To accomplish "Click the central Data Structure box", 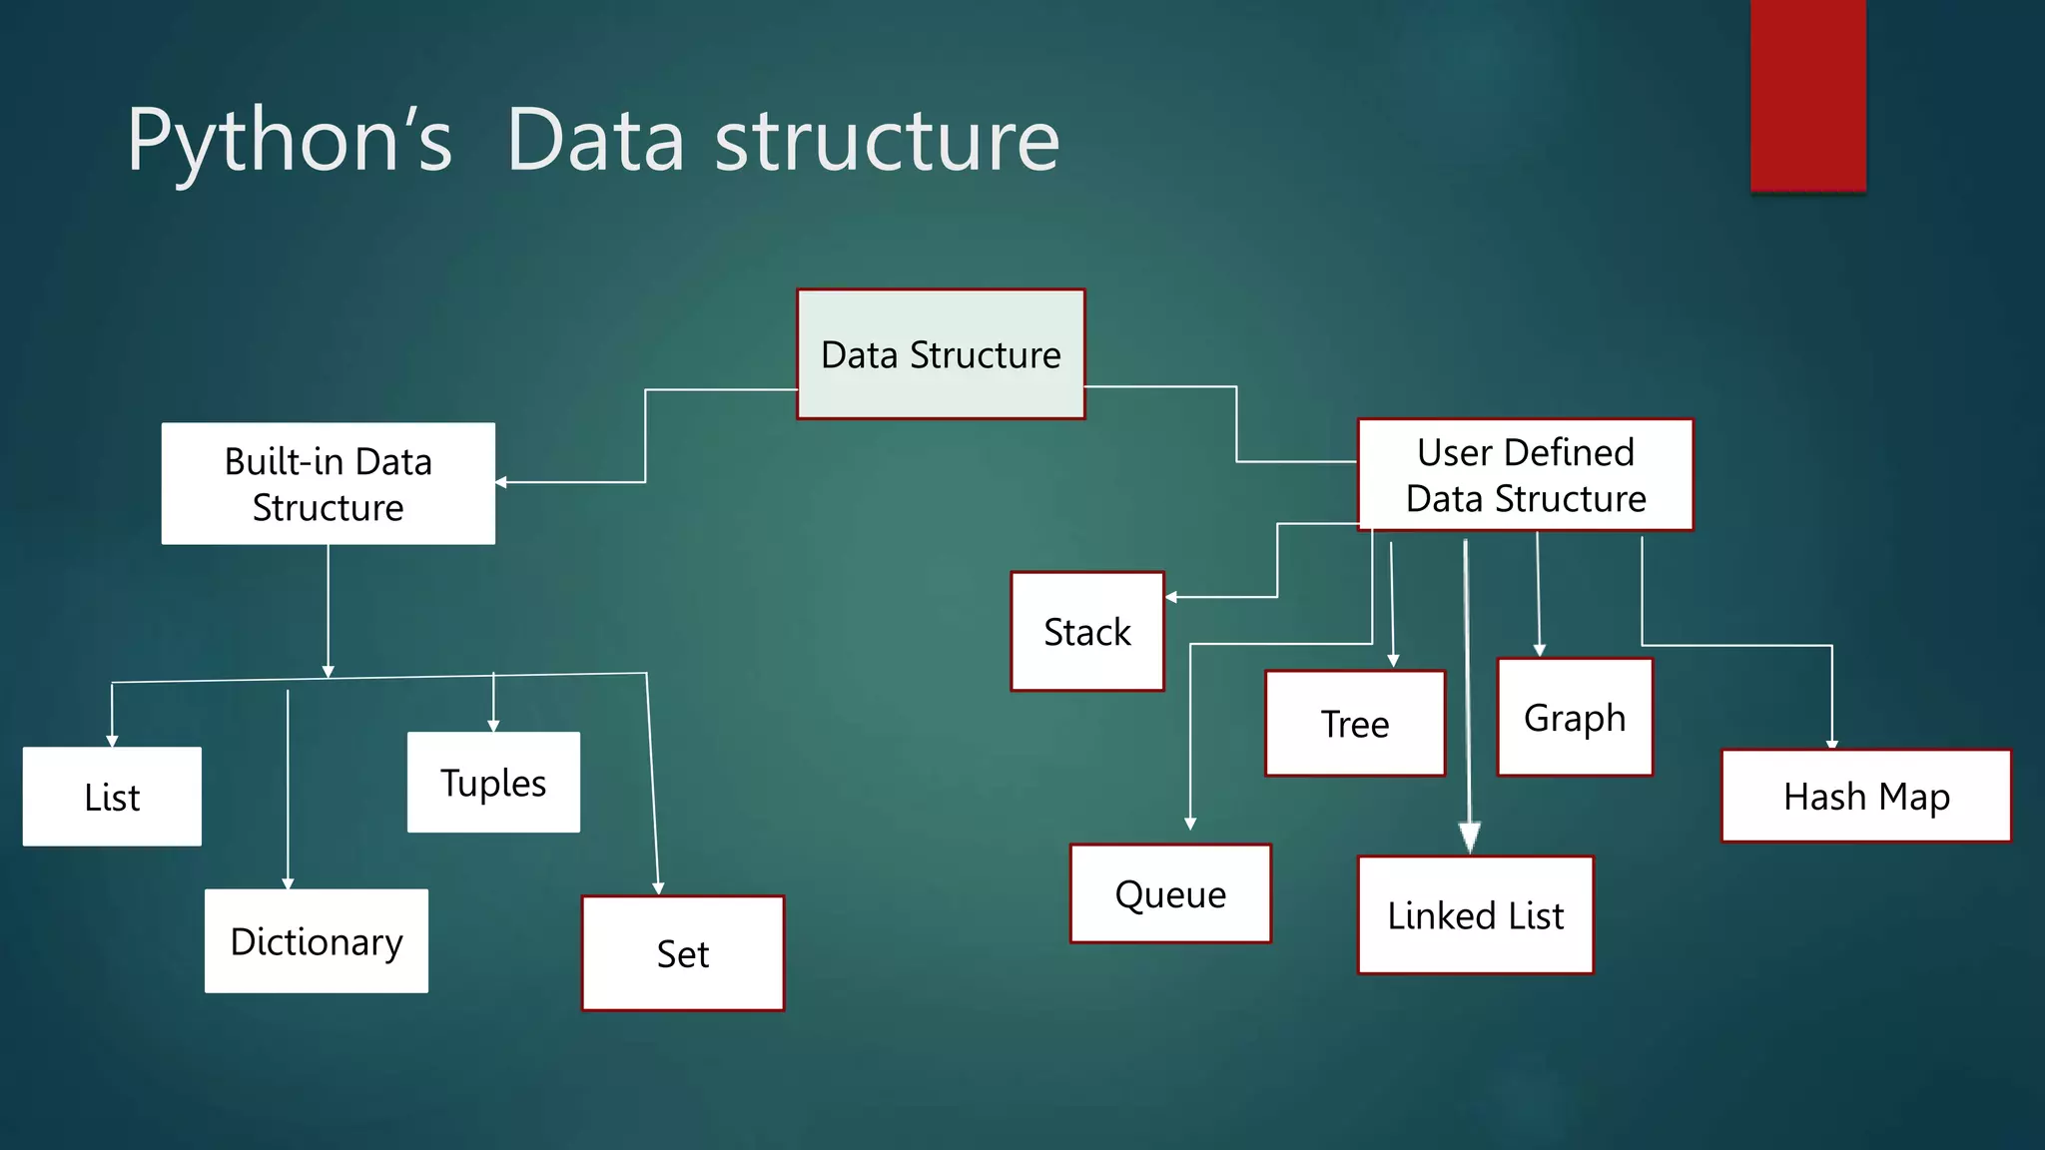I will point(941,354).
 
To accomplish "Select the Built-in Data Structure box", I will point(328,484).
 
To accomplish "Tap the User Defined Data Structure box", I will point(1525,475).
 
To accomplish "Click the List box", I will point(112,797).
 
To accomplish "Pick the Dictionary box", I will point(317,941).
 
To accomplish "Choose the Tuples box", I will point(493,783).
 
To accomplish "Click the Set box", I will point(683,953).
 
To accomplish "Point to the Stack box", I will point(1087,631).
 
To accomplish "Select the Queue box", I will point(1170,893).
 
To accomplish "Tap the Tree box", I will point(1355,724).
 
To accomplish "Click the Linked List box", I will point(1475,914).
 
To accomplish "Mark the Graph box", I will point(1575,717).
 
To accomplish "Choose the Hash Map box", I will point(1866,797).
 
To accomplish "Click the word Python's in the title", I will point(290,140).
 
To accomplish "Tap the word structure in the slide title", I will point(887,140).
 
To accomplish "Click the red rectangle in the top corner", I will point(1807,95).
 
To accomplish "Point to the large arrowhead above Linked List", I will point(1469,837).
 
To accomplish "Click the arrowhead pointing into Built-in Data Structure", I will point(501,482).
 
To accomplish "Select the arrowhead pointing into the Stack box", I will point(1171,597).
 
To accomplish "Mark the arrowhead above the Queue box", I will point(1190,824).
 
